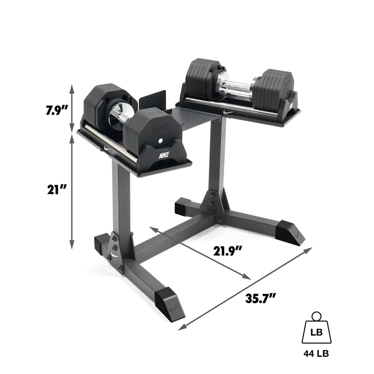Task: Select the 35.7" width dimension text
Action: pos(261,298)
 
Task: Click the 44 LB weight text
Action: pos(317,353)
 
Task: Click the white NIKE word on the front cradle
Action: pos(163,155)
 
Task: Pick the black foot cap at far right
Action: pos(289,233)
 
